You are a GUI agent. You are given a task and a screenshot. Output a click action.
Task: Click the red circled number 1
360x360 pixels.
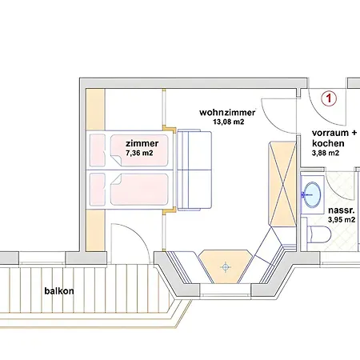(x=329, y=98)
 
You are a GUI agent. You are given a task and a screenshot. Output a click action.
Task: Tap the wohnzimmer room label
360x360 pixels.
(x=227, y=113)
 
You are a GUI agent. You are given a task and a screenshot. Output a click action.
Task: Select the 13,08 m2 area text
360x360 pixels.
(x=228, y=122)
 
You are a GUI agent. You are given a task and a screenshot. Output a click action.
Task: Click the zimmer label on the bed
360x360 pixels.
(x=142, y=143)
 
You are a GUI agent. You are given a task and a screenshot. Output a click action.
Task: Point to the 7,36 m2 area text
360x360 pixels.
(x=139, y=153)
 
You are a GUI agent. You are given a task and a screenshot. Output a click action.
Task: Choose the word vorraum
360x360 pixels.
(x=330, y=133)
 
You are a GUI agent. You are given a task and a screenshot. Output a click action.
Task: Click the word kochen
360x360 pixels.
(x=328, y=143)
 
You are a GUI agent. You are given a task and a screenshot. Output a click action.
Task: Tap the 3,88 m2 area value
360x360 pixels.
(x=326, y=153)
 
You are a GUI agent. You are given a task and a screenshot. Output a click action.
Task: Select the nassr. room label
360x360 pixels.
(x=342, y=210)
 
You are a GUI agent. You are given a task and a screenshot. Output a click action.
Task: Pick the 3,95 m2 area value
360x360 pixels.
(x=342, y=220)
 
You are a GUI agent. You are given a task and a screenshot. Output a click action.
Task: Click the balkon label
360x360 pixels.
(x=59, y=291)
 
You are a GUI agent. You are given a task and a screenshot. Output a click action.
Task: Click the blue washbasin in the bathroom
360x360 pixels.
(x=312, y=194)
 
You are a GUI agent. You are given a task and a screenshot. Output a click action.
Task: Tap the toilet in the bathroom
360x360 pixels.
(x=319, y=234)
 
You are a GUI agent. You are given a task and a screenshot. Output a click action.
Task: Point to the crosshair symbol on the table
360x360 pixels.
(x=226, y=267)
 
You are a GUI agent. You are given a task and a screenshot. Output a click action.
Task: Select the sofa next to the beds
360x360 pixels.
(x=194, y=170)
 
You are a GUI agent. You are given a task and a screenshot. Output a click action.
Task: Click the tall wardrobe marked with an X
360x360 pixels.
(x=282, y=184)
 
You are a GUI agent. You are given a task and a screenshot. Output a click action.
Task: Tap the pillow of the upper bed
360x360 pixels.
(x=97, y=150)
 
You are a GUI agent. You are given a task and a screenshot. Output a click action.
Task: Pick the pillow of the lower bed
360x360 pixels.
(x=97, y=190)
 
